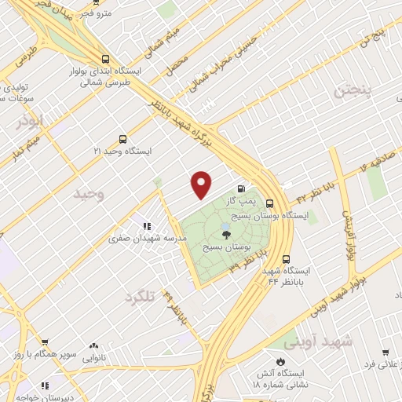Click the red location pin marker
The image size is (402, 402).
click(x=202, y=184)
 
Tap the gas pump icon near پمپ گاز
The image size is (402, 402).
click(x=241, y=188)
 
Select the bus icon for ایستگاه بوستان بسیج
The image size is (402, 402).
click(x=270, y=202)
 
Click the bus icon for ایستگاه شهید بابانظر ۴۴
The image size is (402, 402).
click(x=285, y=258)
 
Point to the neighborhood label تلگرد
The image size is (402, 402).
click(x=142, y=298)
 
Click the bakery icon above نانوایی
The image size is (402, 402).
click(x=94, y=345)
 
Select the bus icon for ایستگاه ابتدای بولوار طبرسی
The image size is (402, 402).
click(x=106, y=58)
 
